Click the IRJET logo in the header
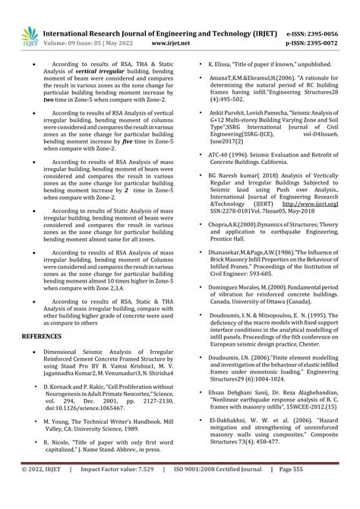coord(25,35)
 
